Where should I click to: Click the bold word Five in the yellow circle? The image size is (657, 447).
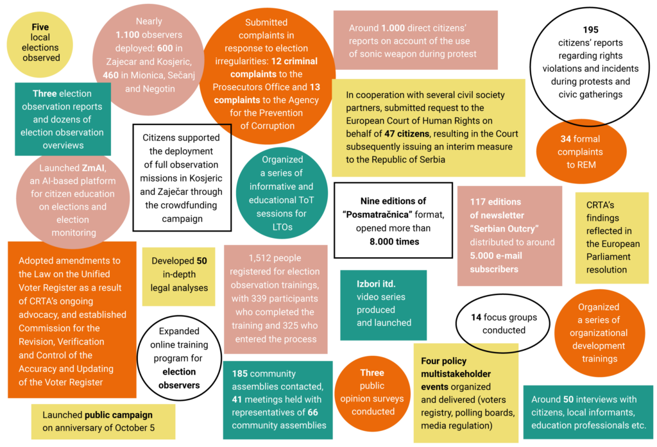click(40, 27)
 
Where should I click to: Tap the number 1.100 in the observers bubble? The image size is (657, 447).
click(128, 35)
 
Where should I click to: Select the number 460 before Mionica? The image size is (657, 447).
click(110, 76)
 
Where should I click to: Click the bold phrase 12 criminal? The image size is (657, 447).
click(294, 61)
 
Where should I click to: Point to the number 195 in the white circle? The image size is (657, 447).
click(590, 30)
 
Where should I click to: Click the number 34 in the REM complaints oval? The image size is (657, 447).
click(566, 139)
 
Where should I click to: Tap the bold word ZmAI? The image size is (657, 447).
click(93, 168)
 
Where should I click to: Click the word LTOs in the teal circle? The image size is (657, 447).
click(282, 227)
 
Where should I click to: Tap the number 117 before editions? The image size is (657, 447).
click(477, 202)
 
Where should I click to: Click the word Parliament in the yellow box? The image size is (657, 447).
click(608, 257)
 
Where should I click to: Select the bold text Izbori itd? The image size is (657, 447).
click(376, 284)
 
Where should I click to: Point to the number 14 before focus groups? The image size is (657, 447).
click(476, 317)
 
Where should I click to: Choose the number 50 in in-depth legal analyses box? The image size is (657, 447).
click(201, 261)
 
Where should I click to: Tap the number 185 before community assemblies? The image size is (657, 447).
click(240, 374)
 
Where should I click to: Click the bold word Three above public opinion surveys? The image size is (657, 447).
click(372, 373)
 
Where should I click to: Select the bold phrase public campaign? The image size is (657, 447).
click(119, 415)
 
